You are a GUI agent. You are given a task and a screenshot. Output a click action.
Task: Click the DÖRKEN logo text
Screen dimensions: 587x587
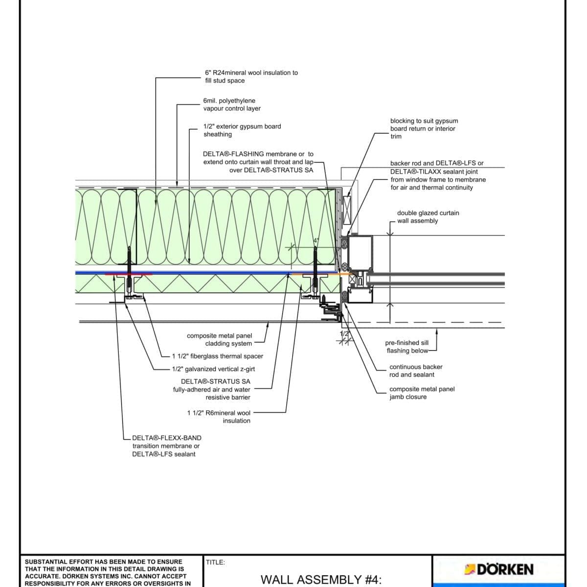coord(504,569)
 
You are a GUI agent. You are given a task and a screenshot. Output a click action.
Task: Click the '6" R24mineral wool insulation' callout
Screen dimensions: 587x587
coord(251,76)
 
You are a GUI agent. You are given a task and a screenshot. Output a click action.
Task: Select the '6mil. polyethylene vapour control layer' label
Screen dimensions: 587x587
coord(232,105)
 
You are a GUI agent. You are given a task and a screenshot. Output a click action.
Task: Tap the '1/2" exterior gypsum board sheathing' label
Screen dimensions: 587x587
coord(242,130)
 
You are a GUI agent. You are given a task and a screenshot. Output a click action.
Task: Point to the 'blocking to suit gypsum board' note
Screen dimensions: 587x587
coord(424,128)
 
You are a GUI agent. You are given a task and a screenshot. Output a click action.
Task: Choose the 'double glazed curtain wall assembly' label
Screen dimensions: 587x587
coord(428,217)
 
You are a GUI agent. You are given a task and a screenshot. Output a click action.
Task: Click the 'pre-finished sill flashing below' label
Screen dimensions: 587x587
coord(407,347)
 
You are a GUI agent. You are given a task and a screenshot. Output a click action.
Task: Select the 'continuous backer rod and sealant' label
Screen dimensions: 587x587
coord(415,371)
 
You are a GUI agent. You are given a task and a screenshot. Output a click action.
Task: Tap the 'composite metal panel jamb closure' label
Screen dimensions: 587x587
coord(422,393)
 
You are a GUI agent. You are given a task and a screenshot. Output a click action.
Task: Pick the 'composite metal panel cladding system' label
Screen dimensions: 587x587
coord(220,339)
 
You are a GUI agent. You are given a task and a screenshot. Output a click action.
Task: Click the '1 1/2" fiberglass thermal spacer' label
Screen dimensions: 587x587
coord(218,356)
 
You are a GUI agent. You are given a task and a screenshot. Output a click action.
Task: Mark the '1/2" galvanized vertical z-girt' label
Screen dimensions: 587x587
coord(213,369)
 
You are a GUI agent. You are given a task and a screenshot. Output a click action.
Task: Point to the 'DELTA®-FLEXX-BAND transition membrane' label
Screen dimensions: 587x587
coord(166,446)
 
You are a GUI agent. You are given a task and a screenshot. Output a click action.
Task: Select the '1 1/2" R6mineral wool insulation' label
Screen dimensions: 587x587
coord(219,417)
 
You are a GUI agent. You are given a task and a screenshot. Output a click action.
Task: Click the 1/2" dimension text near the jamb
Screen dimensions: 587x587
coord(345,334)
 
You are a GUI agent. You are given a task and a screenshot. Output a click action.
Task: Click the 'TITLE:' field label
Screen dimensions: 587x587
coord(216,563)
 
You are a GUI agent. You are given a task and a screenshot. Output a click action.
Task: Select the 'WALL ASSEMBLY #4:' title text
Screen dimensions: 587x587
coord(321,580)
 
